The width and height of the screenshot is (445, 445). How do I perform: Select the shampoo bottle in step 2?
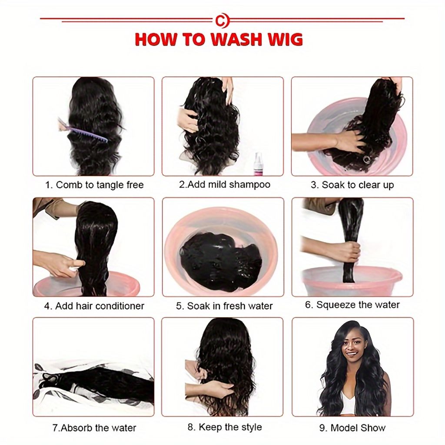tap(258, 164)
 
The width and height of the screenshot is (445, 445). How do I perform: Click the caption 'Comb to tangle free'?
tap(100, 185)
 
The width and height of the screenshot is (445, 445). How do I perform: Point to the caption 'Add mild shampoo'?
tap(229, 184)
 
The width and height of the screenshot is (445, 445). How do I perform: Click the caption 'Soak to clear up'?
tap(358, 185)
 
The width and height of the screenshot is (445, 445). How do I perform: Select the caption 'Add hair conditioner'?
tap(100, 306)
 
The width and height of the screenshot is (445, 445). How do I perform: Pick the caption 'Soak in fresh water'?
tap(229, 306)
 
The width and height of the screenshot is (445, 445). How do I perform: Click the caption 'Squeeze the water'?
tap(358, 305)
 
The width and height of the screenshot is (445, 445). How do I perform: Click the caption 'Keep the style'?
tap(230, 427)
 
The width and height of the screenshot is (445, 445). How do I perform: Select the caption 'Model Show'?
tap(358, 428)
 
